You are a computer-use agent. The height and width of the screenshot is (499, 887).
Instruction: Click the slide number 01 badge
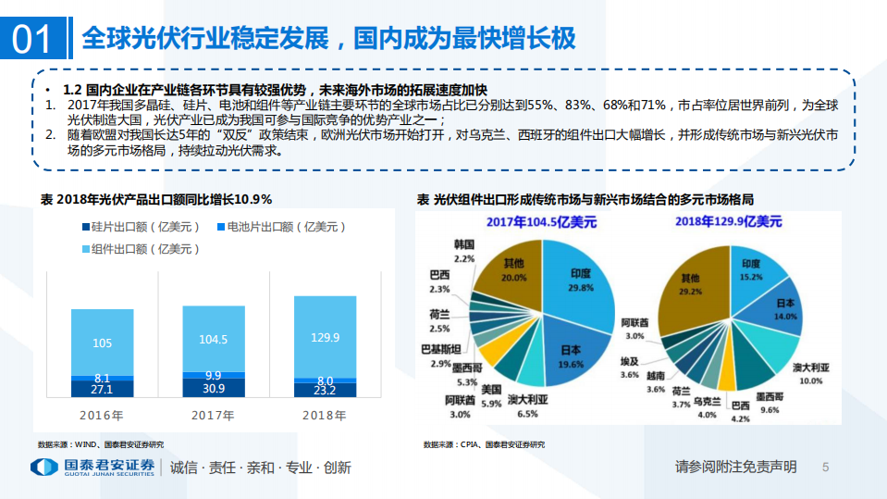(31, 37)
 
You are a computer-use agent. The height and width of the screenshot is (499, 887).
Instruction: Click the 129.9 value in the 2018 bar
(325, 338)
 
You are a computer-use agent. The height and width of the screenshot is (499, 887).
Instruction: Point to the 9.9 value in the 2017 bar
(213, 375)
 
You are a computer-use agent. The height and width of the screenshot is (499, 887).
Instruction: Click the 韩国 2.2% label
(464, 250)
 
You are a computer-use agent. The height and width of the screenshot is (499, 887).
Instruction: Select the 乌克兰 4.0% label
(708, 408)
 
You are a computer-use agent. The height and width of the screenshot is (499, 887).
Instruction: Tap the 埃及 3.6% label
(630, 368)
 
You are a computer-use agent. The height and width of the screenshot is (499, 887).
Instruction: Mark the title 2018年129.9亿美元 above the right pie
(728, 221)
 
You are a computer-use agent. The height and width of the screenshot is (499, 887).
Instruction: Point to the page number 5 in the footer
(825, 468)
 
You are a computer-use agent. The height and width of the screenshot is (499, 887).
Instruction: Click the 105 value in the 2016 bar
(103, 343)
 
